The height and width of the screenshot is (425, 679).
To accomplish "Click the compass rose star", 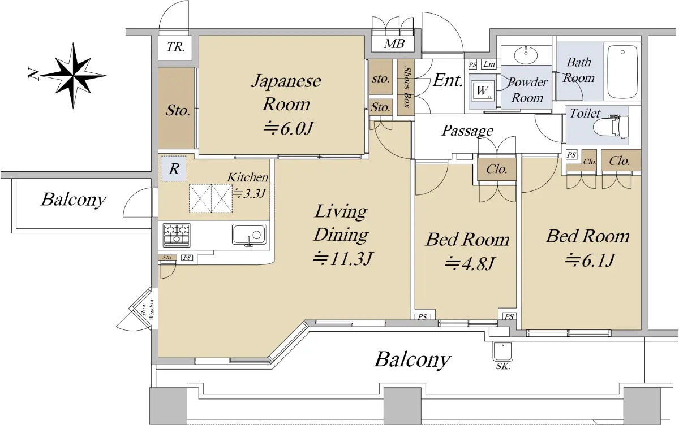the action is point(73,75).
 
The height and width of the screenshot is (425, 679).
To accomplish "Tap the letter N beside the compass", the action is point(33,75).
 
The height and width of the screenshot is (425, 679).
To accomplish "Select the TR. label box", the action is point(175,47).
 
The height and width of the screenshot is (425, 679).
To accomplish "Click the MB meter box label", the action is point(394,44).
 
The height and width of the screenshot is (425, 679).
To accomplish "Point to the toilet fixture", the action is point(609,126).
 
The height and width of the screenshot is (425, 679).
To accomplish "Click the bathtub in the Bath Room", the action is point(622,71).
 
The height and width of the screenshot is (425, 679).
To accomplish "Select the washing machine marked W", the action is point(482,90).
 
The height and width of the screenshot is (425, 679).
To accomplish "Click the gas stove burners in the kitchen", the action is point(177,235).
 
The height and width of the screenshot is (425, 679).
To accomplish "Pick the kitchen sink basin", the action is point(249,235).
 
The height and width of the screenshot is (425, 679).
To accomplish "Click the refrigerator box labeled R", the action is point(173,168).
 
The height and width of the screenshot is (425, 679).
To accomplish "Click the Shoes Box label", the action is point(407,87).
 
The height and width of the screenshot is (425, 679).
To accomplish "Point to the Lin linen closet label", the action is point(489,64).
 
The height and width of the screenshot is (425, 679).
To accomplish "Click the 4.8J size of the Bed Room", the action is point(470,263).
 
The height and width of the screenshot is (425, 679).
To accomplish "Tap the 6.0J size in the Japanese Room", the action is point(287,129).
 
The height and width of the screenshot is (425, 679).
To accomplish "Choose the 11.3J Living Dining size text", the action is point(342,259).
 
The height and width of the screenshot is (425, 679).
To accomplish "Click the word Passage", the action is point(467,131).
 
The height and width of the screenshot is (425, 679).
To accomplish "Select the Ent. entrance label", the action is point(448,80).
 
